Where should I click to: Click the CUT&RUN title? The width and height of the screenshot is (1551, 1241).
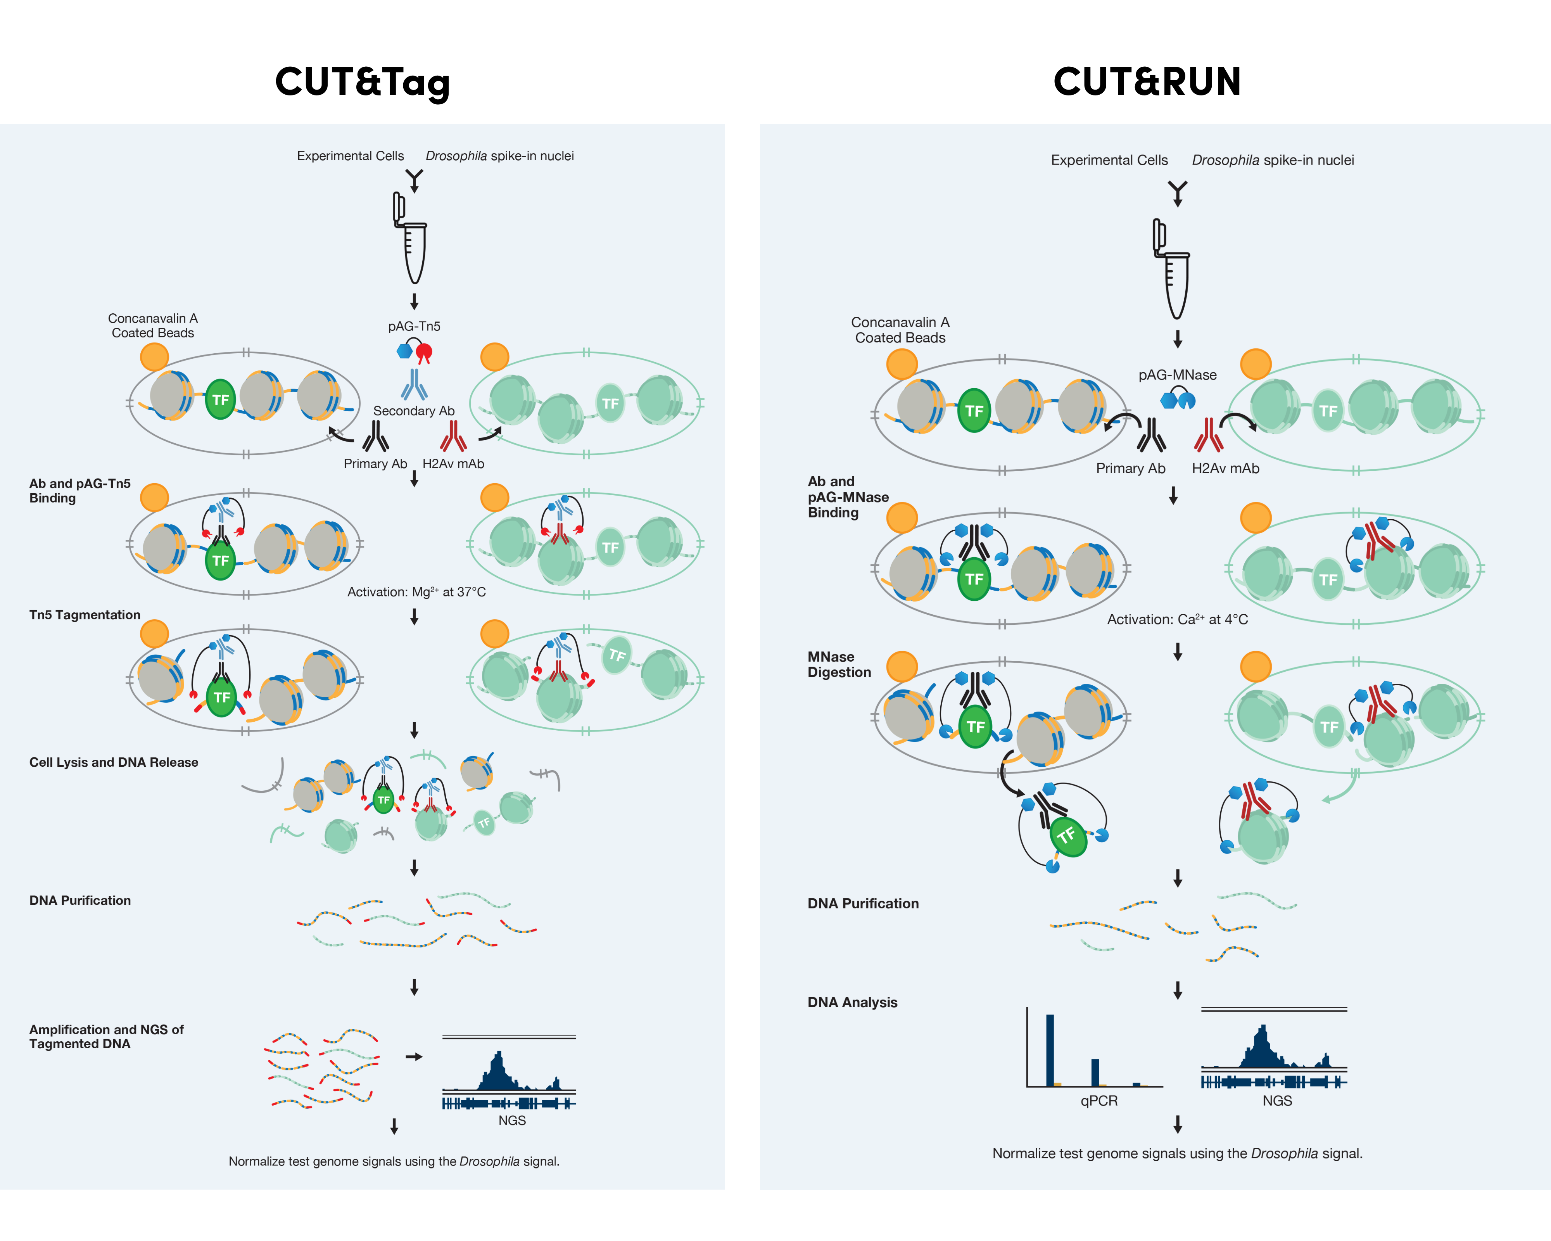[x=1147, y=82]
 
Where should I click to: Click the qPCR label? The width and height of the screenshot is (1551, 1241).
[x=1098, y=1101]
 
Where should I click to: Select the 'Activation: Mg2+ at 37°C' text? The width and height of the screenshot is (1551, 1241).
[x=416, y=592]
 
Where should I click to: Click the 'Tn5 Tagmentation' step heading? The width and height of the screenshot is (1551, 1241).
[x=85, y=615]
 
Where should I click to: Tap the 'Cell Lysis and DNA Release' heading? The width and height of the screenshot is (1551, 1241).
[x=114, y=762]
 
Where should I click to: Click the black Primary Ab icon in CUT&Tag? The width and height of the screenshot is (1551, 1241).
[x=375, y=436]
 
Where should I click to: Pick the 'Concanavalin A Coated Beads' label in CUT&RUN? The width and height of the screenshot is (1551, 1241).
[x=900, y=330]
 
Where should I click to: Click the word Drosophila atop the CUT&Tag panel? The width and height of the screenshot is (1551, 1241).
[x=456, y=156]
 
